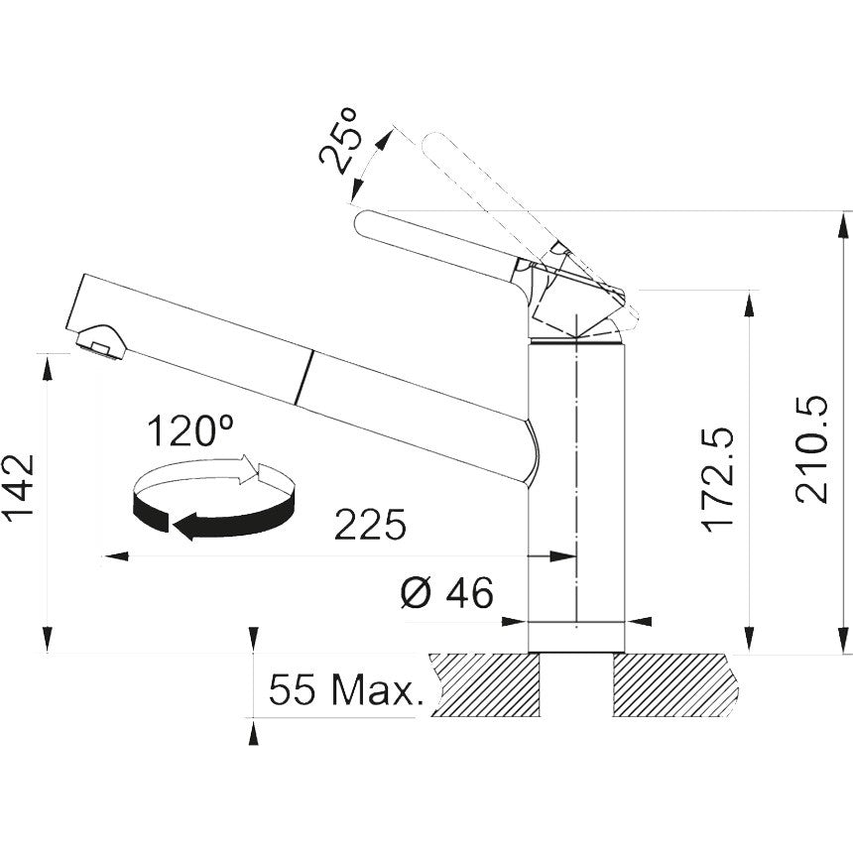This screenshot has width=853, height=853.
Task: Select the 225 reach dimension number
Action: (x=370, y=525)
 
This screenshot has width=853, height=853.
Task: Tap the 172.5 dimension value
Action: (x=717, y=480)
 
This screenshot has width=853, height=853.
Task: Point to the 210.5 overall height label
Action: (x=811, y=449)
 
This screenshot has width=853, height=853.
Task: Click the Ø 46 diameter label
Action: (x=447, y=592)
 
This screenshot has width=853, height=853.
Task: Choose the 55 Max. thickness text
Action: (x=346, y=689)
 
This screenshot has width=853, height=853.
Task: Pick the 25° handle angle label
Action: (x=338, y=142)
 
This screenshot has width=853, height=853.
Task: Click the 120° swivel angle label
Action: (x=189, y=430)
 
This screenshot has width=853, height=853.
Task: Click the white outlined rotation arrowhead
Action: (x=248, y=469)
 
